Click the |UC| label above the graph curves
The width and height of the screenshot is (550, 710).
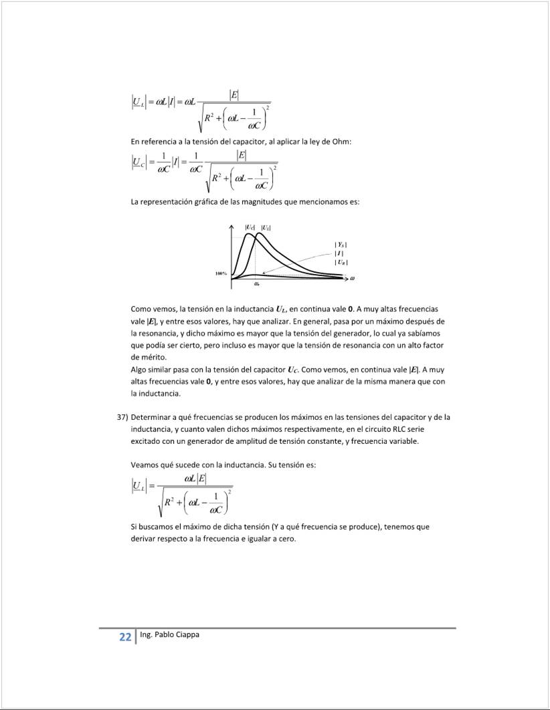[250, 228]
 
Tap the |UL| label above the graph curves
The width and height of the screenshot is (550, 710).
[266, 228]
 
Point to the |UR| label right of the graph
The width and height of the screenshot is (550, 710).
[341, 263]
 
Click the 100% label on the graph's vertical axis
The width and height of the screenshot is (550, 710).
[221, 273]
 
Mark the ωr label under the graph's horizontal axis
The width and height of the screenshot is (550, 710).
[257, 285]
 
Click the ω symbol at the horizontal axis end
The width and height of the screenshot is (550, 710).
[352, 278]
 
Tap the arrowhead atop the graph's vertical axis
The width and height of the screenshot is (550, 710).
[232, 227]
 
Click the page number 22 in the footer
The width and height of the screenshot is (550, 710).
[125, 637]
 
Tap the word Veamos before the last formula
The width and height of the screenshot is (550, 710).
[145, 465]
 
